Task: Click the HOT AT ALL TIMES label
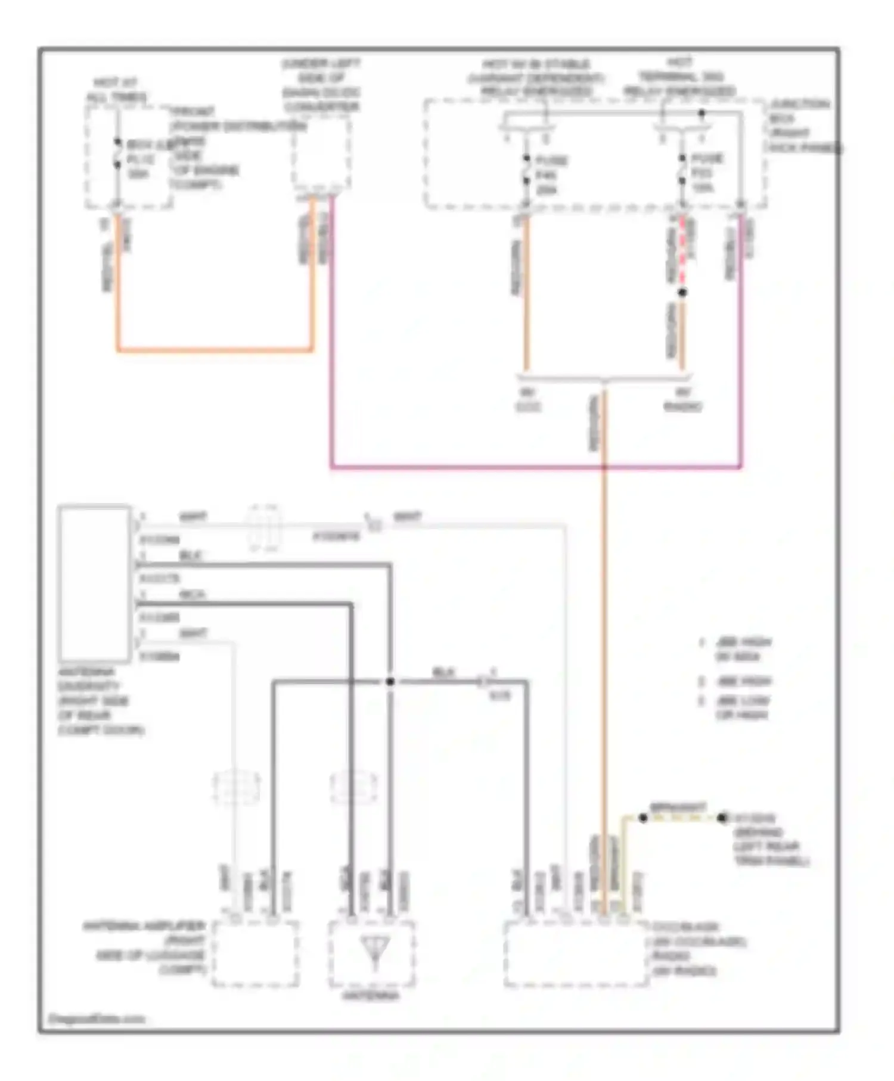tap(117, 90)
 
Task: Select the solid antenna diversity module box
tap(94, 583)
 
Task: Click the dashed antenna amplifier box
tap(255, 954)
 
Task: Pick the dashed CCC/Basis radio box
tap(576, 954)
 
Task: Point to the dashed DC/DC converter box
tap(321, 151)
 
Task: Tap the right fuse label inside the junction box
tap(706, 173)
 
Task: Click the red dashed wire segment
tap(682, 250)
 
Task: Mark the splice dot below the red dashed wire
tap(682, 293)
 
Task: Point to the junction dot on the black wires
tap(390, 681)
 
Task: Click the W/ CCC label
tap(527, 400)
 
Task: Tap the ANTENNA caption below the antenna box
tap(371, 996)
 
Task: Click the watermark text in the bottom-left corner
tap(95, 1019)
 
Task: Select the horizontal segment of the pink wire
tap(536, 467)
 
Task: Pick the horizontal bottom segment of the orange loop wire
tap(215, 350)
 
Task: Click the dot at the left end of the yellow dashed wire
tap(643, 818)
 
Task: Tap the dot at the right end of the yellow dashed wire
tap(722, 818)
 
